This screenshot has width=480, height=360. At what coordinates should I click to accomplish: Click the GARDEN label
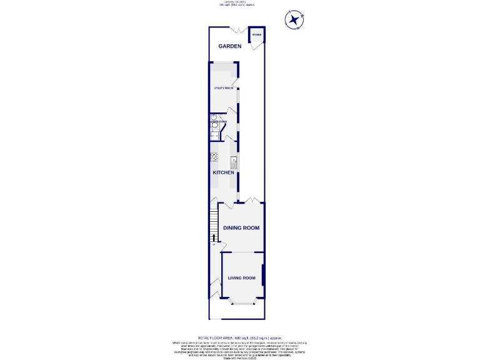pyautogui.click(x=229, y=46)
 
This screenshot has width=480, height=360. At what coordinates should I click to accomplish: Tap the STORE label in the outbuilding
pyautogui.click(x=256, y=34)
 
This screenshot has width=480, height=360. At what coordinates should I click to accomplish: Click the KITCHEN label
pyautogui.click(x=223, y=172)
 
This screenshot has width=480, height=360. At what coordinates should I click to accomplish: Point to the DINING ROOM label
pyautogui.click(x=241, y=228)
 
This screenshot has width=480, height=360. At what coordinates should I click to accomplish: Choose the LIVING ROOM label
pyautogui.click(x=241, y=277)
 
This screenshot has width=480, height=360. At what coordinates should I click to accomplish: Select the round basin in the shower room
pyautogui.click(x=214, y=117)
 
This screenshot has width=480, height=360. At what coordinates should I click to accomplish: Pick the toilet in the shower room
pyautogui.click(x=215, y=126)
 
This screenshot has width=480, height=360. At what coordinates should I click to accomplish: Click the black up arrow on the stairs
pyautogui.click(x=213, y=237)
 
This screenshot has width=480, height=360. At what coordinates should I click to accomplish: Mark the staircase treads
pyautogui.click(x=213, y=222)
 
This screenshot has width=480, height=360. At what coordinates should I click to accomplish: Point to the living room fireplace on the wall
pyautogui.click(x=263, y=277)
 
